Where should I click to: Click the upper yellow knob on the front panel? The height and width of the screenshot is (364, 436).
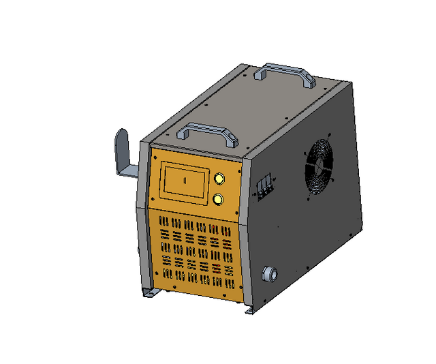[220, 179]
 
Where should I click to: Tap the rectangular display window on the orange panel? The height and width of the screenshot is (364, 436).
[185, 181]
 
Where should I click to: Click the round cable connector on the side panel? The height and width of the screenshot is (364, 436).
[270, 274]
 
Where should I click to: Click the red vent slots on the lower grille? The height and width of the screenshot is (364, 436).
[217, 267]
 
